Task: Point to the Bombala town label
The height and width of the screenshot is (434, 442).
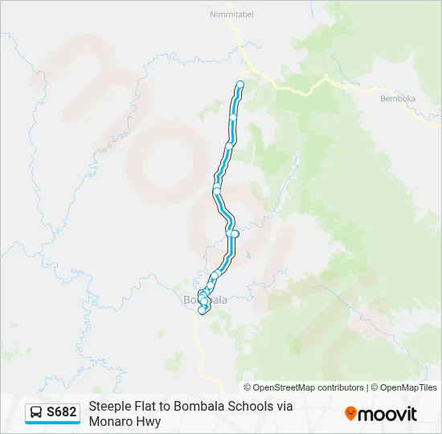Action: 206,300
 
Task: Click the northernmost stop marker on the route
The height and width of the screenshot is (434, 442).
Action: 239,84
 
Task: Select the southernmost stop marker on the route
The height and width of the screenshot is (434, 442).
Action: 202,310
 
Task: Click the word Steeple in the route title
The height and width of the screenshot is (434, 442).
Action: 110,407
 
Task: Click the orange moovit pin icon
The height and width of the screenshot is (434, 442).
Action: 350,414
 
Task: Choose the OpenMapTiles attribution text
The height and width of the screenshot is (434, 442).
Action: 408,387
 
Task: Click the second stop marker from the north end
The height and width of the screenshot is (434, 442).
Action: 234,117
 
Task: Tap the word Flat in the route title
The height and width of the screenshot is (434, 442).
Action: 150,407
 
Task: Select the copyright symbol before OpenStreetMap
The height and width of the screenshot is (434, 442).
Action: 248,387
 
